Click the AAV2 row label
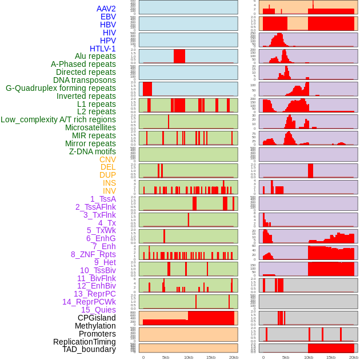tap(106, 9)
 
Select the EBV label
tap(108, 17)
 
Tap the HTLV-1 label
tap(102, 49)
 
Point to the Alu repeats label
tap(95, 56)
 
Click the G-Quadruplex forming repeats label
tap(61, 88)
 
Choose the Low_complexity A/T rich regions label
tap(58, 119)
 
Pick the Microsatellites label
tap(90, 127)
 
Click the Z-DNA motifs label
tap(93, 151)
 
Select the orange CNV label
tap(107, 159)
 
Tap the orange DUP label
tap(107, 175)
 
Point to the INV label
tap(109, 191)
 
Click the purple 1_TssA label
tap(103, 199)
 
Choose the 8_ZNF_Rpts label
tap(93, 254)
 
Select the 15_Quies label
tap(98, 310)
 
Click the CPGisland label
tap(97, 318)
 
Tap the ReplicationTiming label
tap(85, 342)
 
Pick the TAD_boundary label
tap(89, 349)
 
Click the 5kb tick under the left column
tap(166, 357)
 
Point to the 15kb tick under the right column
tap(331, 357)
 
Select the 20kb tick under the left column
tap(233, 357)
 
